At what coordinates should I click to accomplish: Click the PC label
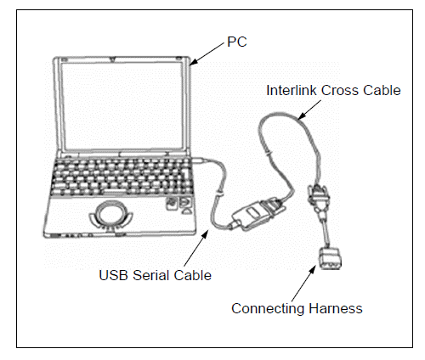237,42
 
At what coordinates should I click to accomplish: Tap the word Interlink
292,91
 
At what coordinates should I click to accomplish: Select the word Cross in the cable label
340,91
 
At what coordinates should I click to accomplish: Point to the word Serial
151,275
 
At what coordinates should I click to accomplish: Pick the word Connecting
268,309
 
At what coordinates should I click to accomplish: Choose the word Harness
336,308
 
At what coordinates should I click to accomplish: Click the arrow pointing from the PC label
207,53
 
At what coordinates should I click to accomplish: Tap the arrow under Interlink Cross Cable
309,110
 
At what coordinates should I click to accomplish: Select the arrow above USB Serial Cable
196,248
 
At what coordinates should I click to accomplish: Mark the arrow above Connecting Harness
303,283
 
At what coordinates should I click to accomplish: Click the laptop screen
122,105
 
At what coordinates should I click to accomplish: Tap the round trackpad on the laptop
111,214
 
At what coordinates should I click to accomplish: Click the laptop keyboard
122,177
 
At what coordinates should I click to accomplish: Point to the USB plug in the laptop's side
200,160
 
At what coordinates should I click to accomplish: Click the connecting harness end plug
330,259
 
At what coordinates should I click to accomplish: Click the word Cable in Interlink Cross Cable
382,91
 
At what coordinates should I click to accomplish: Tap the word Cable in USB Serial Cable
193,275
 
